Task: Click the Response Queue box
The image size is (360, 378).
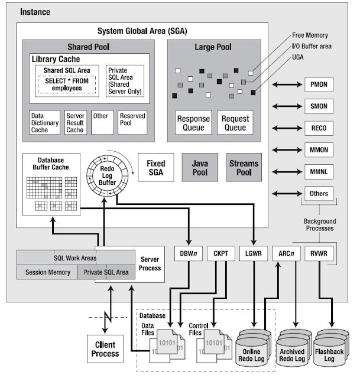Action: [193, 123]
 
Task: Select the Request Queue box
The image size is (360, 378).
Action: [235, 123]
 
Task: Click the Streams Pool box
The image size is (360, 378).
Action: [244, 167]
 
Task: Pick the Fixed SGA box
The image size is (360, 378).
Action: [156, 167]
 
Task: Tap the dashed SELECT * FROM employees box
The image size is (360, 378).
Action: [68, 84]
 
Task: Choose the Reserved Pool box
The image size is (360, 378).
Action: [132, 122]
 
